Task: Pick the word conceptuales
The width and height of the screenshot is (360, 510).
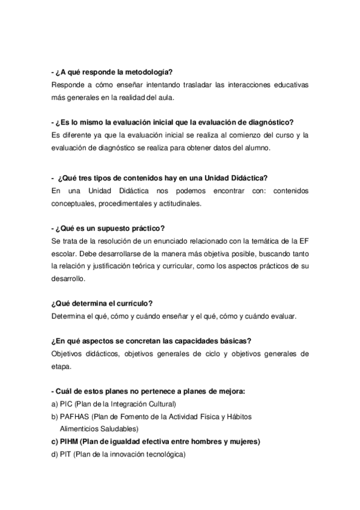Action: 75,203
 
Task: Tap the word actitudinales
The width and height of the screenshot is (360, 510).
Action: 179,203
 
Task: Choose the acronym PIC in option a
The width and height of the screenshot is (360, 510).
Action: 66,404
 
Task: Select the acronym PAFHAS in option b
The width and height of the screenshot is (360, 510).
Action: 76,416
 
